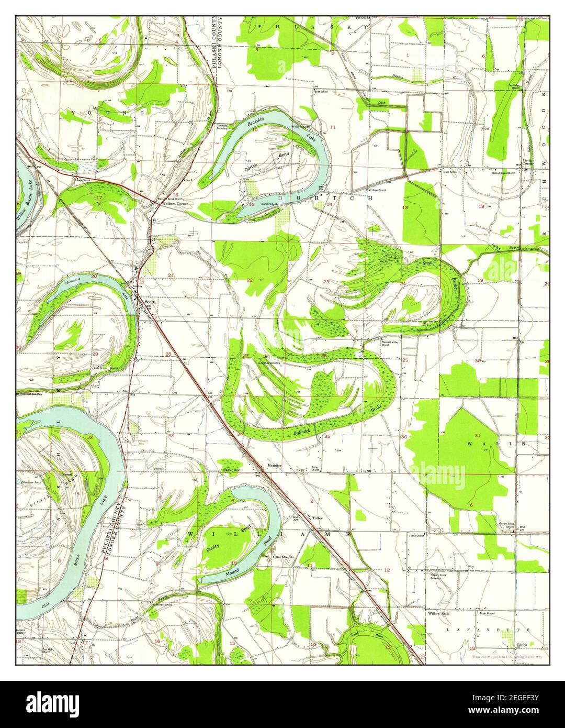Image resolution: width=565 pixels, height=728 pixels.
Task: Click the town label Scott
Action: (150, 302)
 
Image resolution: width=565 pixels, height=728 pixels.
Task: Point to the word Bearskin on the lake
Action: (256, 124)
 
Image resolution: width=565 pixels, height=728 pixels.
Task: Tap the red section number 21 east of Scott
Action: (171, 275)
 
